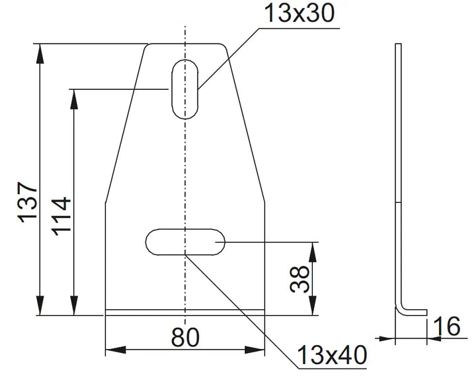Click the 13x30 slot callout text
299,13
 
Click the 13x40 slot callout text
332,354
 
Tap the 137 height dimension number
28,202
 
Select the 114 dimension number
61,216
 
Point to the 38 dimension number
299,279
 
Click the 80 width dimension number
185,337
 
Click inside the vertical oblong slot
185,89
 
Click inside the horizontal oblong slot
185,242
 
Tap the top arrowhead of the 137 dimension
40,54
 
